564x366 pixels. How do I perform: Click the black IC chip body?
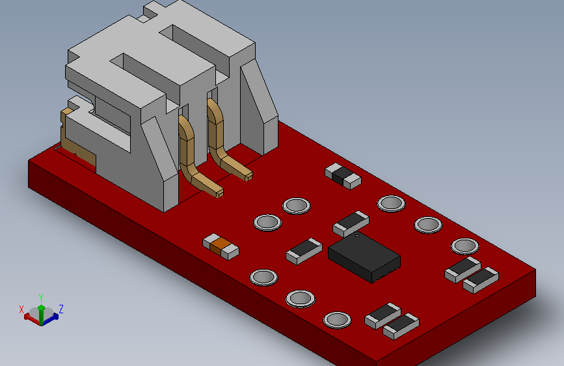[x=364, y=257]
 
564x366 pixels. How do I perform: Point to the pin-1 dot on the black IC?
[x=357, y=236]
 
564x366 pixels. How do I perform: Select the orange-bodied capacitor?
[x=221, y=246]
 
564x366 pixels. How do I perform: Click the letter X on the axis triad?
[x=21, y=309]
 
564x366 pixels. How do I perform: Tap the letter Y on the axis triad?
[x=41, y=298]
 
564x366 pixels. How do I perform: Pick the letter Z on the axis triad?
[x=61, y=309]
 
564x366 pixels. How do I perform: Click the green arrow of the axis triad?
[x=42, y=315]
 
